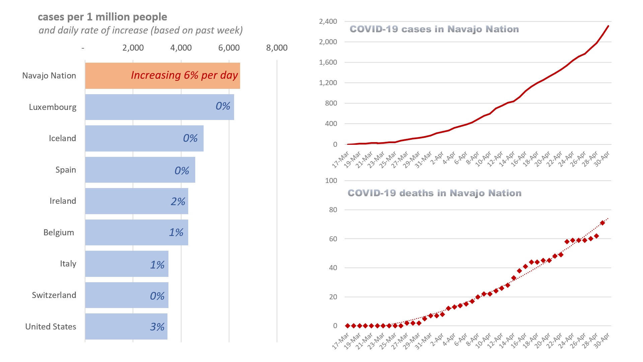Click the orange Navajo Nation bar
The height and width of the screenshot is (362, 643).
click(162, 76)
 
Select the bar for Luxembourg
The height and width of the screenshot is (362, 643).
click(159, 107)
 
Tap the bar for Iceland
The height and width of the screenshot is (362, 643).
click(144, 138)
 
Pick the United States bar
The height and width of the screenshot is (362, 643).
click(126, 326)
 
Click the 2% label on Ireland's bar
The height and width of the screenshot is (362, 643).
click(178, 201)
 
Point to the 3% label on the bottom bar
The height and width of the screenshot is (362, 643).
click(157, 327)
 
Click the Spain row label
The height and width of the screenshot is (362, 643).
click(66, 170)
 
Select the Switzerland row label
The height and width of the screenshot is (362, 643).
click(54, 295)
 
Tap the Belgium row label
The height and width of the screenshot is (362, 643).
click(59, 233)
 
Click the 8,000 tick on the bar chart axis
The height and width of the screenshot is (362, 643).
click(277, 48)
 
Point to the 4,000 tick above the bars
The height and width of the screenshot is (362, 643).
click(181, 48)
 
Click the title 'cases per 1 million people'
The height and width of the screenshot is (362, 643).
click(102, 17)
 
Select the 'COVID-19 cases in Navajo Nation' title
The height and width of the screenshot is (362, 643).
click(434, 29)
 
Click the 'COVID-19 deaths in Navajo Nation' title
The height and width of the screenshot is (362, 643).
click(434, 193)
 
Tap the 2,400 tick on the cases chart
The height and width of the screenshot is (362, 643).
click(328, 22)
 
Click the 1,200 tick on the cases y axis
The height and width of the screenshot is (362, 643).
click(328, 83)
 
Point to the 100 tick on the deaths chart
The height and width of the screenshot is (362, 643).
click(331, 181)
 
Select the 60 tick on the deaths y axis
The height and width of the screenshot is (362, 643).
click(333, 239)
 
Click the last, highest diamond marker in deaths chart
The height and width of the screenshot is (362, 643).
click(602, 223)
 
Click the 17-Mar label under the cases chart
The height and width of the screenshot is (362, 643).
click(341, 160)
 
